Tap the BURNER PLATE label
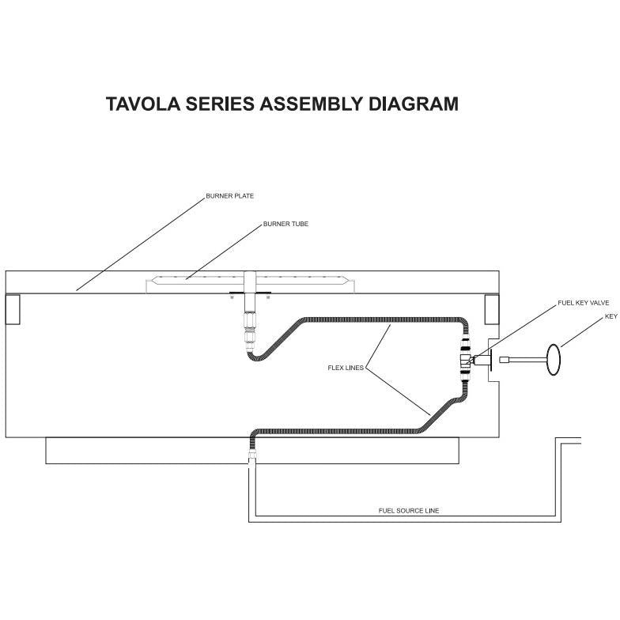pos(230,195)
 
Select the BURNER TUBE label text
pos(285,224)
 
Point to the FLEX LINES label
pos(346,368)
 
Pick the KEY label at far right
pos(611,316)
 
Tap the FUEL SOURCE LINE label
pos(409,511)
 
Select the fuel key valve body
pos(469,361)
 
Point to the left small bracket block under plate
pos(13,308)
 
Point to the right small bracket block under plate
pos(491,308)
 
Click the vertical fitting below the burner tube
pos(251,324)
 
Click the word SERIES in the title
pos(216,104)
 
